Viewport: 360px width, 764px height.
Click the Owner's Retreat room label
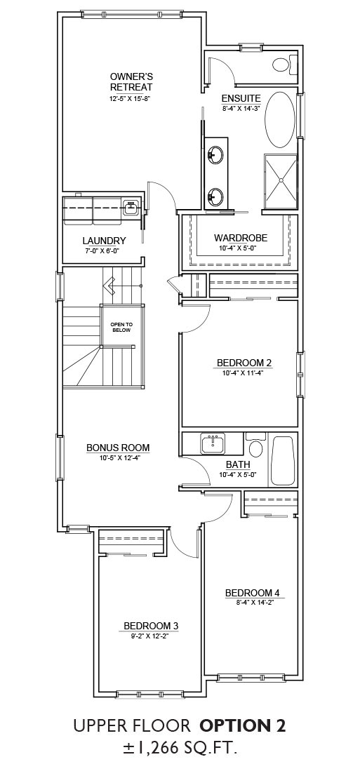pos(131,82)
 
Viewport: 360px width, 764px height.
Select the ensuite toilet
pos(284,64)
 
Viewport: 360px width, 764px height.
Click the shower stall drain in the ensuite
pos(281,180)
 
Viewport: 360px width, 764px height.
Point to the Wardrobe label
pos(241,238)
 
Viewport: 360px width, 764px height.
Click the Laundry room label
pos(105,241)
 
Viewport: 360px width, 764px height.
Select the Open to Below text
pos(122,327)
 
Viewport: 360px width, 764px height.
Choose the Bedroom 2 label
pos(244,363)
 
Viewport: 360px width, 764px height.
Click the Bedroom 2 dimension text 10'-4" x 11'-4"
pos(244,373)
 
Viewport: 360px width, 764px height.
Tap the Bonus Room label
pos(118,448)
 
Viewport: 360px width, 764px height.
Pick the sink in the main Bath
pos(213,443)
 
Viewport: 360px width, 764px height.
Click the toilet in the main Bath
pos(255,444)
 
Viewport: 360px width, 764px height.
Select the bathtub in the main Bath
pos(283,460)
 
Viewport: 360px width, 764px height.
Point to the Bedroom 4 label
pos(253,593)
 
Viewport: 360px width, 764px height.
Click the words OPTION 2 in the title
pos(242,726)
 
